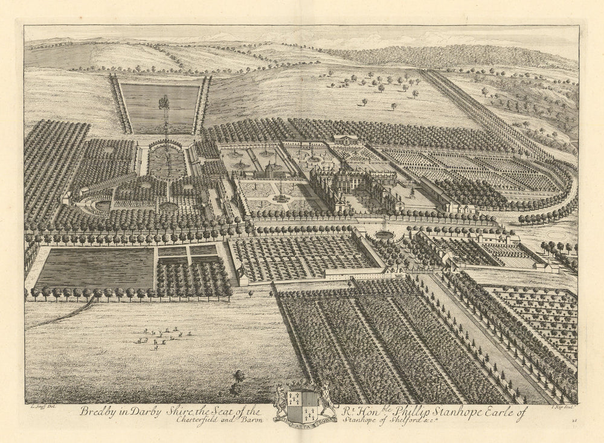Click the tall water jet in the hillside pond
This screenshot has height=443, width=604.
(164, 106)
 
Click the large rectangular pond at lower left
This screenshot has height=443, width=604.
(95, 268)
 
